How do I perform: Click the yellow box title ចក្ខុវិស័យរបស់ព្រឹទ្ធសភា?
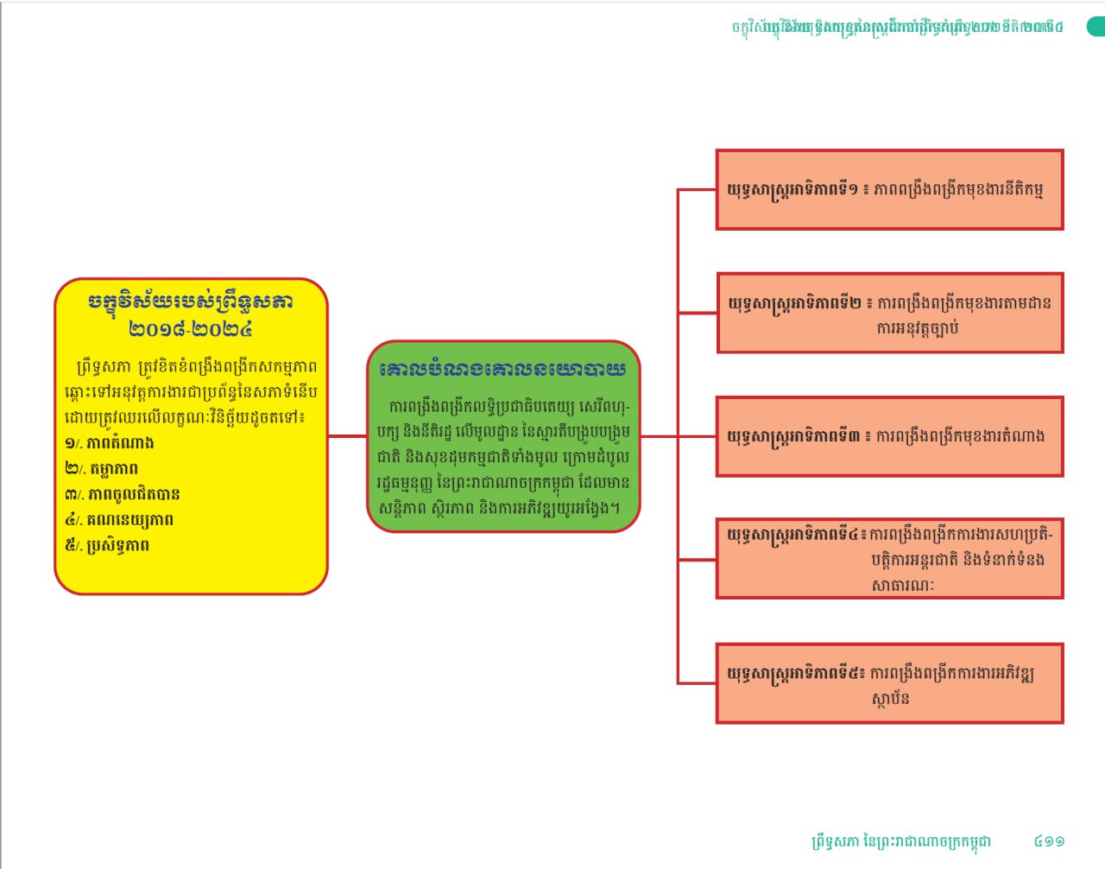click(191, 301)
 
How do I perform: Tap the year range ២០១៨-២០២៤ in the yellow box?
click(191, 329)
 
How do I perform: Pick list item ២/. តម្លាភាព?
click(102, 469)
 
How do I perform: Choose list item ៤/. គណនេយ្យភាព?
click(119, 520)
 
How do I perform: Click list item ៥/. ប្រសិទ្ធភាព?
click(107, 546)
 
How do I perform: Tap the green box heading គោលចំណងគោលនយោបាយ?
click(502, 369)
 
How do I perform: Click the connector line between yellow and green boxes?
click(347, 436)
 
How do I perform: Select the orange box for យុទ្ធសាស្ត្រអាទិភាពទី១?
click(889, 190)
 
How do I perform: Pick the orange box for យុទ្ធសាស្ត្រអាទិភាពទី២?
click(889, 313)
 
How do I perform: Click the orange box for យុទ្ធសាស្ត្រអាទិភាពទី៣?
click(889, 436)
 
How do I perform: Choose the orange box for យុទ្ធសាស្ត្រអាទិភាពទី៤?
click(889, 558)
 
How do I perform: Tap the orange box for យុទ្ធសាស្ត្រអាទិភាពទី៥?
click(889, 683)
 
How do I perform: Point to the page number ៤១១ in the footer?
click(1049, 840)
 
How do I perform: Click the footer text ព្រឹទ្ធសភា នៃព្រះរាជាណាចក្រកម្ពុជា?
click(901, 840)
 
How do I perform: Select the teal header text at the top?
click(898, 27)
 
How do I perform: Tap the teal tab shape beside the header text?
click(1096, 27)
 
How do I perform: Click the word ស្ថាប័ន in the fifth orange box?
click(890, 699)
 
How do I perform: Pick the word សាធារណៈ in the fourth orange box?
click(902, 585)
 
